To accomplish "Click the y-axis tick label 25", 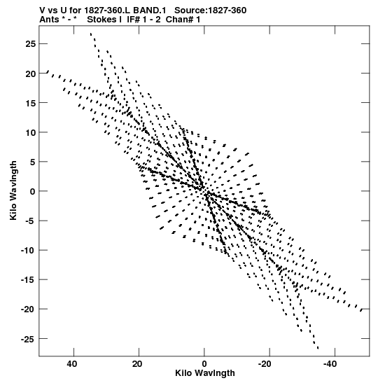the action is [31, 44].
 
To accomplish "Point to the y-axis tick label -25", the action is [28, 339].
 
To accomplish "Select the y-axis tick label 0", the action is [33, 192].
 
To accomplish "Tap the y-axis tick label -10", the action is [28, 251].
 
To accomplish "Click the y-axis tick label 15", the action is [31, 103].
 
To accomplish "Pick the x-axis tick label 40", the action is [72, 364].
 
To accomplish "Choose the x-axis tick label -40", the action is [330, 364].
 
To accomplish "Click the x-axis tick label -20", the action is [265, 364].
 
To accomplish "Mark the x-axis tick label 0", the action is [204, 364].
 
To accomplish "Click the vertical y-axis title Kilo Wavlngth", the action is [13, 190].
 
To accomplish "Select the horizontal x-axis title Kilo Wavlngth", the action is [205, 373].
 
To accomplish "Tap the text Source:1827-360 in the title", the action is [210, 11].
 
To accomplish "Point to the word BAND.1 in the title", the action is [149, 11].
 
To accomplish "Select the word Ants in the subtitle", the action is [49, 20].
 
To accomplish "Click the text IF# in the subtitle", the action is [134, 20].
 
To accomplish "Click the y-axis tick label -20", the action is [28, 309].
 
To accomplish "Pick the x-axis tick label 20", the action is [137, 364].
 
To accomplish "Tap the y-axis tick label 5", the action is [33, 162].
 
